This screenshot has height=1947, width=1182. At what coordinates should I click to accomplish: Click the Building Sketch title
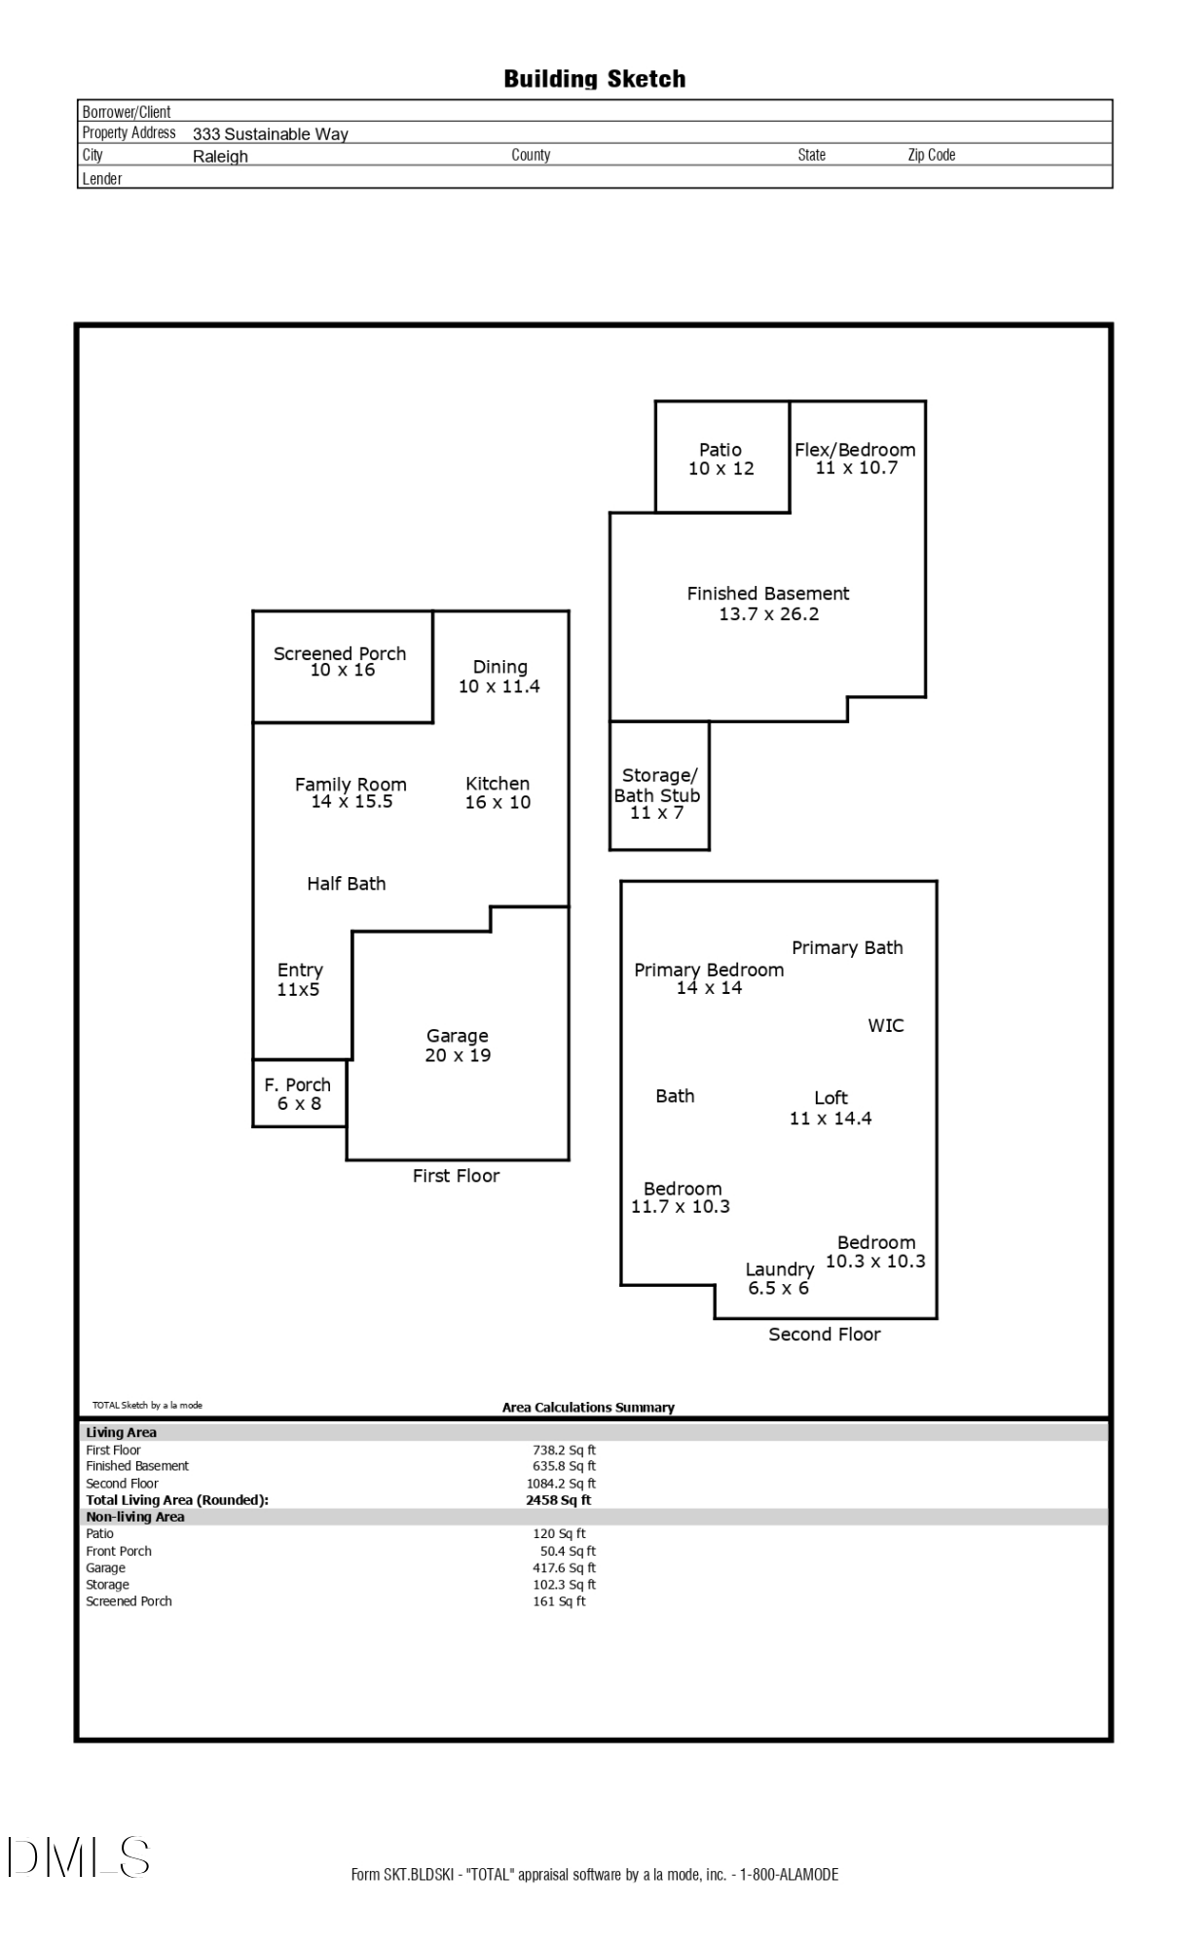point(594,79)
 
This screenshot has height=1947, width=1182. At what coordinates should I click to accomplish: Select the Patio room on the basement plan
point(721,457)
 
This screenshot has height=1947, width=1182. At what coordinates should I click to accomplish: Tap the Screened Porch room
point(343,667)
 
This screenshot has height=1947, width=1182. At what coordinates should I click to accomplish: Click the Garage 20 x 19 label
point(458,1046)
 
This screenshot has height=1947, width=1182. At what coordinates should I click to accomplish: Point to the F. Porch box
point(299,1093)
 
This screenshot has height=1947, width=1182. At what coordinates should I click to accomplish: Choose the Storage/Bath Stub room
point(659,786)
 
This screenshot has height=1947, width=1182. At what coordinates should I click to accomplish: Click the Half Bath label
point(347,884)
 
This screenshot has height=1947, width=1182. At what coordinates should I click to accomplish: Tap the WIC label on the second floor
point(886,1025)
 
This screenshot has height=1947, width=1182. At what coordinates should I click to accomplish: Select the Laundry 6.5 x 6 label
point(779,1278)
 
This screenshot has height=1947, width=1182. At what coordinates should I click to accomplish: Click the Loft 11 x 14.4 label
point(831,1108)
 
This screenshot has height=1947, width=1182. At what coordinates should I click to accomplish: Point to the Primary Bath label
point(847,948)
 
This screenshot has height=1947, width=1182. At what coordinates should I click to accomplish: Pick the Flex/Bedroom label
point(855,450)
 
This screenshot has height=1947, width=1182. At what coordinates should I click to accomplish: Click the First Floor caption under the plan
point(456,1176)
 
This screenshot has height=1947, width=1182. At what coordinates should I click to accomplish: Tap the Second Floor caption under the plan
point(825,1335)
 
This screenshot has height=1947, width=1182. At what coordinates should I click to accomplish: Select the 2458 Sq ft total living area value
point(558,1500)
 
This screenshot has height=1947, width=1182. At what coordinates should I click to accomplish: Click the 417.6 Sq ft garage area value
point(564,1567)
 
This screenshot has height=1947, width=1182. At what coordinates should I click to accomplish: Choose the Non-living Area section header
point(135,1517)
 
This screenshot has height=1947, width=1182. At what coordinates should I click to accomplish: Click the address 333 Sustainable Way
point(271,134)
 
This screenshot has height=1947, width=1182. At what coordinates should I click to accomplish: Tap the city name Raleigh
point(220,157)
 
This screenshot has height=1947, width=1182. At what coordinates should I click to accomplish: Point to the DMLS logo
point(79,1856)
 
